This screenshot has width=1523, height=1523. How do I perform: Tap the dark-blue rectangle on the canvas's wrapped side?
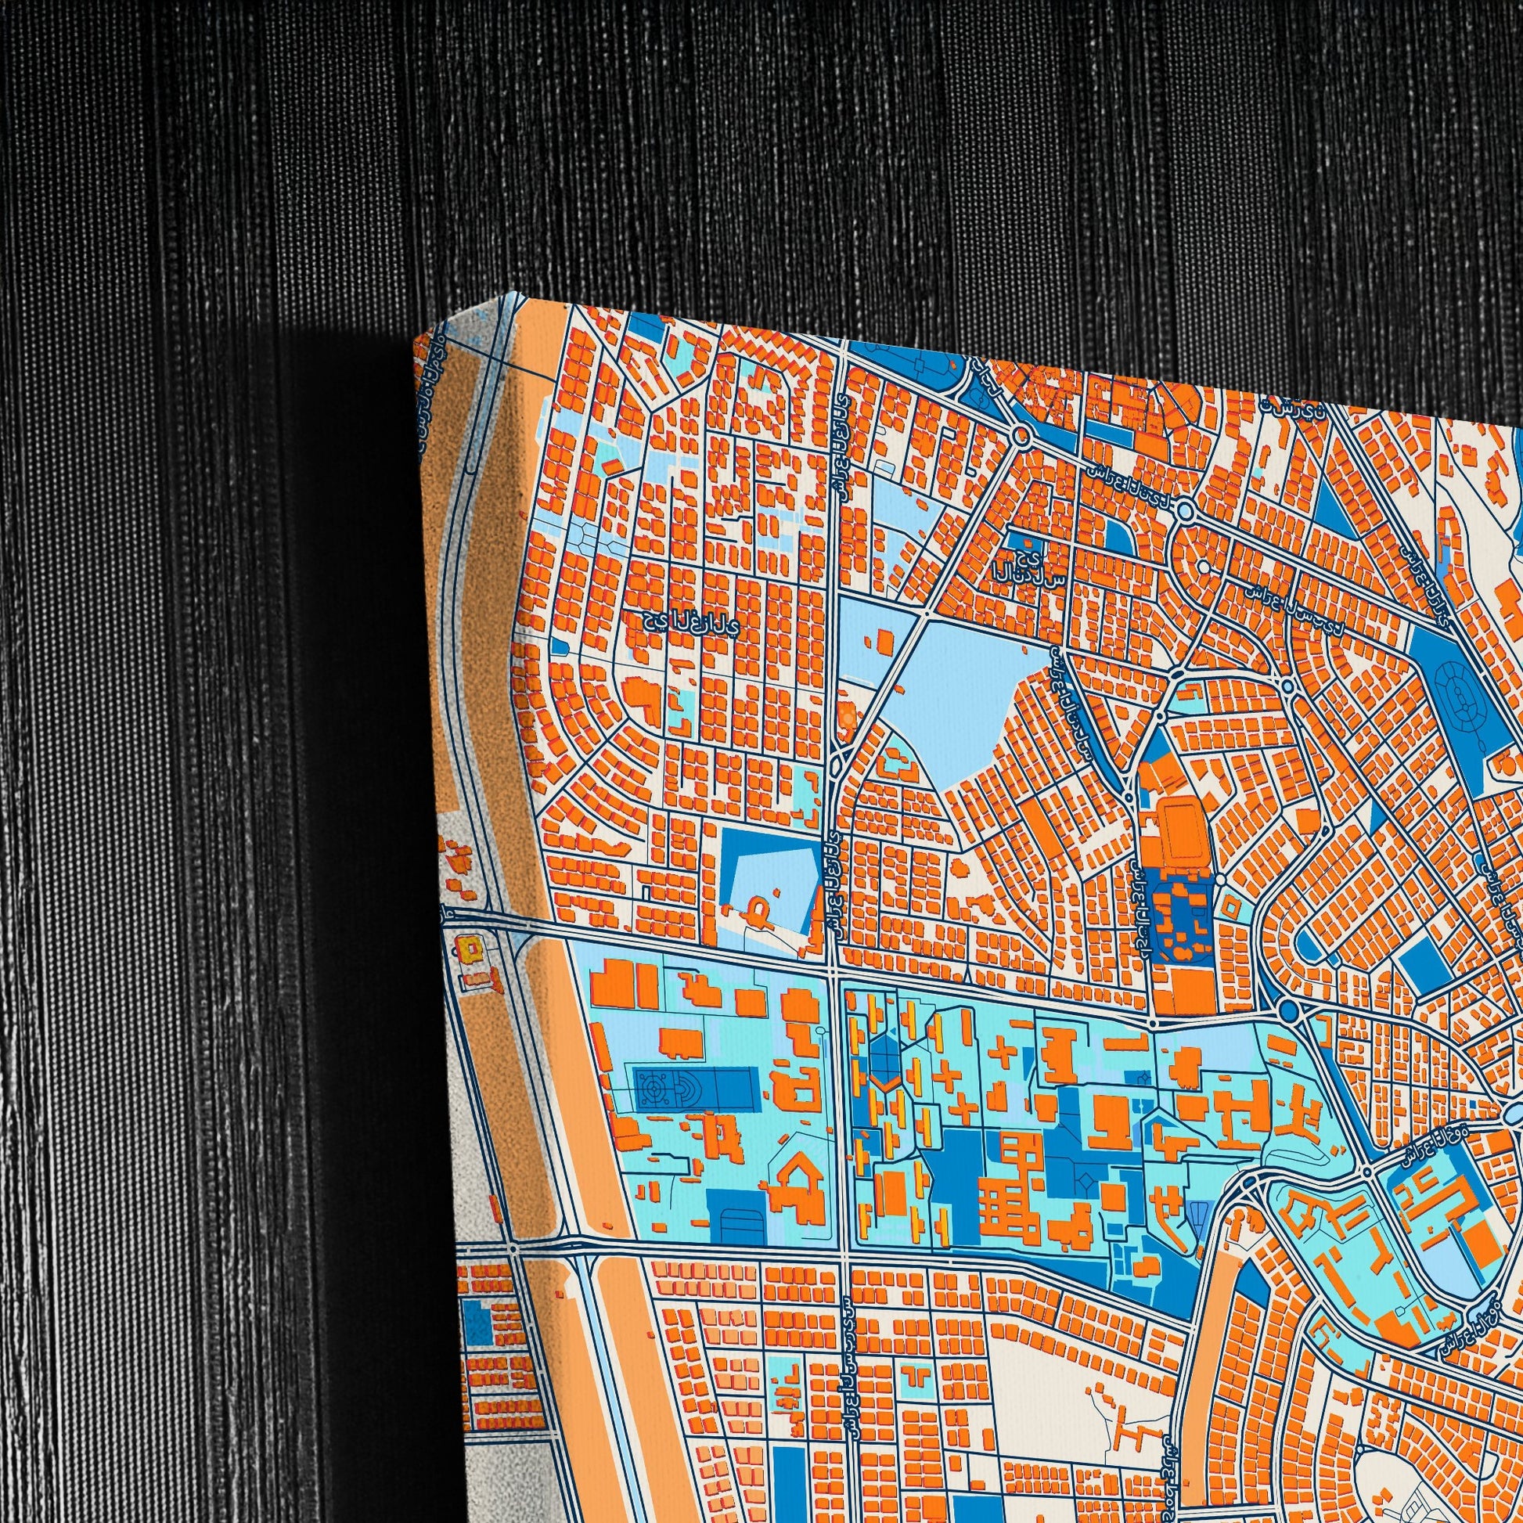click(474, 1323)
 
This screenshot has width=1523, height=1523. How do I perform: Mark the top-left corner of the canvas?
click(415, 335)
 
